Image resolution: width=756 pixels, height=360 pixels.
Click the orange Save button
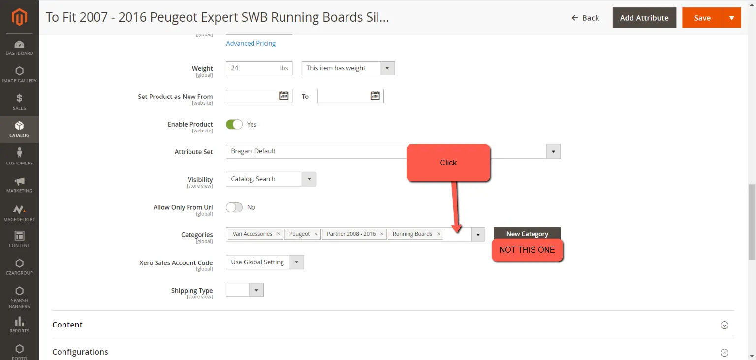702,18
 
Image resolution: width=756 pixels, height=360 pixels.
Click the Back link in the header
585,18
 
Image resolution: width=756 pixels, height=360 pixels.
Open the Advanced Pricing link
251,43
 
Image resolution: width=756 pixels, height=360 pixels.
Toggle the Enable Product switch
234,124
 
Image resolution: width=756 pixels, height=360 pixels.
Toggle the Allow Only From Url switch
234,207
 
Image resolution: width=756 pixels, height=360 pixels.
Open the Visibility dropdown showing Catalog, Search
271,179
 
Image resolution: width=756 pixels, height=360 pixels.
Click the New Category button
527,234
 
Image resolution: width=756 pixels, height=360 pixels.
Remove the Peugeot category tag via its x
316,234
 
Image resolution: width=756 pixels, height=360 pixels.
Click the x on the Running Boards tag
439,234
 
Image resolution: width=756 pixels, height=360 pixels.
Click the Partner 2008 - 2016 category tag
351,234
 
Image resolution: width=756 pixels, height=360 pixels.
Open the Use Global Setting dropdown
265,262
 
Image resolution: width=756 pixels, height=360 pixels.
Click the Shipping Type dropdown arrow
256,290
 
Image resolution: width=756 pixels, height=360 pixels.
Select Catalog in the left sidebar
19,130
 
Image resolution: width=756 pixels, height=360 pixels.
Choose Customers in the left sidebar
19,156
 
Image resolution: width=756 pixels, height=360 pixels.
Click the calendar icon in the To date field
375,96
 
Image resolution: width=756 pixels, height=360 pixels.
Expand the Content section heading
67,325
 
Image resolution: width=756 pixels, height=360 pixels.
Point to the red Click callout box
448,163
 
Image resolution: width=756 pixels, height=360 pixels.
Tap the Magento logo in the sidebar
19,17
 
